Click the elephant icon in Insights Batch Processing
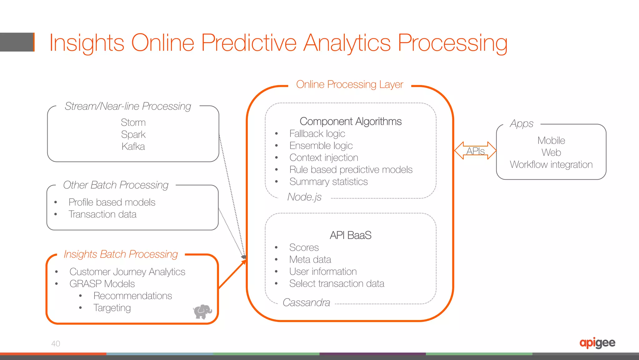[202, 311]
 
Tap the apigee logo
[597, 343]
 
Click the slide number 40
[56, 343]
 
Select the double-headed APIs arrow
[475, 151]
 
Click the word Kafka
[133, 146]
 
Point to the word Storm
[133, 122]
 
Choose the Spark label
[133, 135]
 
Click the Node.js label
[304, 197]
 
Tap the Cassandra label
[306, 303]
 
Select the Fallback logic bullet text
[317, 134]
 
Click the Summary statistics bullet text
[328, 182]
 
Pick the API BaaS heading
[350, 235]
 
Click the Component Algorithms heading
[350, 121]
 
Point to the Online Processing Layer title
[349, 84]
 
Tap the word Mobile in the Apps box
[551, 141]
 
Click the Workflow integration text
[551, 165]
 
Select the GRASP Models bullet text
[102, 284]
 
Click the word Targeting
[112, 308]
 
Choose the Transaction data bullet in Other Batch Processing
[102, 215]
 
